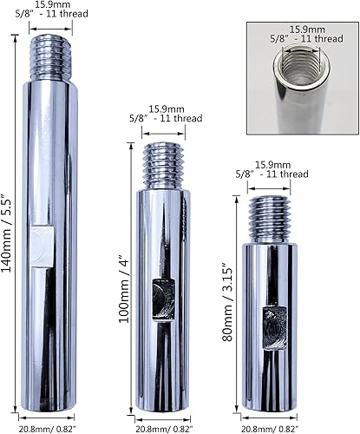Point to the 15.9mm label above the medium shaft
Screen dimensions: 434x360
(x=165, y=108)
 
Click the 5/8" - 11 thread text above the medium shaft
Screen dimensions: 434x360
(x=165, y=121)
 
